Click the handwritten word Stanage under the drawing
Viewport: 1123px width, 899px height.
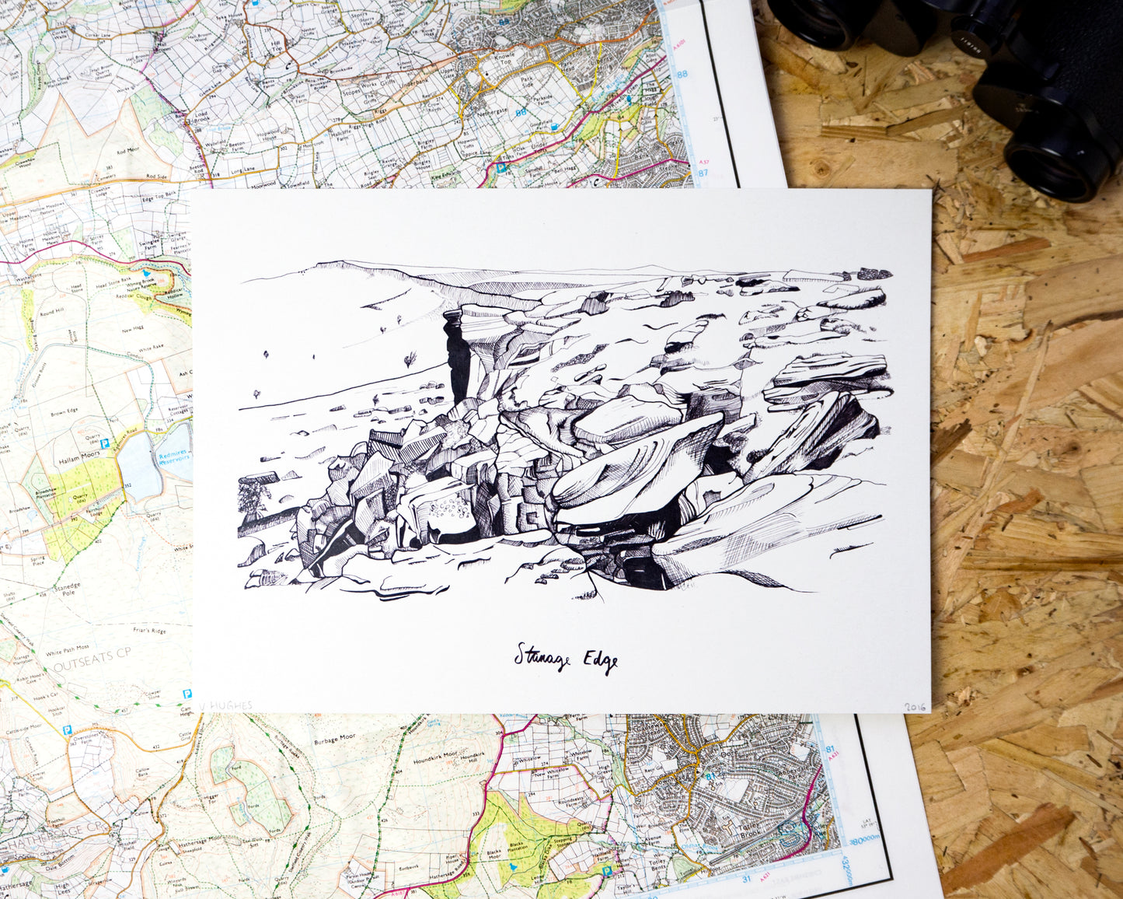542,658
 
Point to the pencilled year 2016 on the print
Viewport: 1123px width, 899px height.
915,707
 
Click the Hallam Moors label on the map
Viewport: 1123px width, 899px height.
75,461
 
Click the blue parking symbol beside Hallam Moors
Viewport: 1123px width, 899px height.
104,443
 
